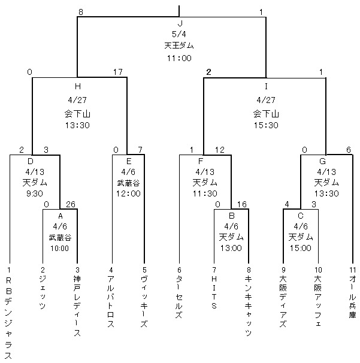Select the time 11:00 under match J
pyautogui.click(x=179, y=58)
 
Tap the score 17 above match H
pyautogui.click(x=118, y=72)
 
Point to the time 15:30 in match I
pyautogui.click(x=265, y=125)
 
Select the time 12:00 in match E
pyautogui.click(x=128, y=193)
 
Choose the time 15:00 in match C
pyautogui.click(x=301, y=249)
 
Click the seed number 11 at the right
pyautogui.click(x=351, y=271)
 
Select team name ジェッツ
pyautogui.click(x=43, y=293)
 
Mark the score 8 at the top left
pyautogui.click(x=81, y=11)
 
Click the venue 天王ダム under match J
pyautogui.click(x=179, y=46)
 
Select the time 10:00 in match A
pyautogui.click(x=60, y=249)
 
